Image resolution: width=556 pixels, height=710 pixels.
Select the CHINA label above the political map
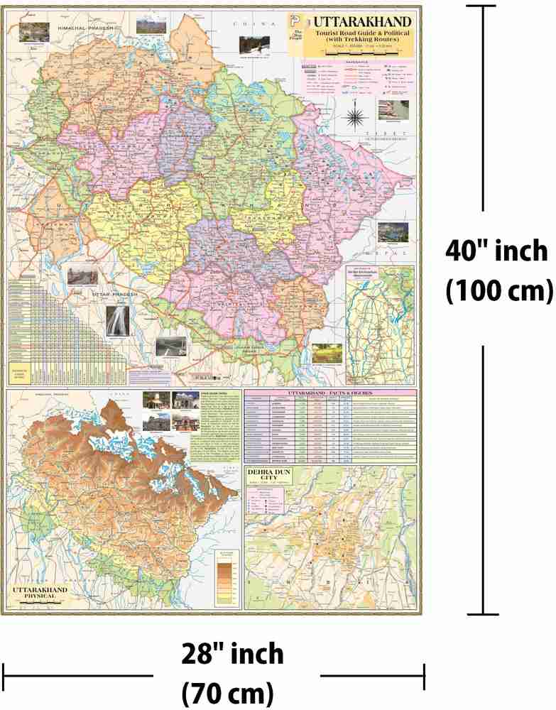[x=248, y=23]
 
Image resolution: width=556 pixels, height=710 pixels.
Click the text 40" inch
[x=496, y=251]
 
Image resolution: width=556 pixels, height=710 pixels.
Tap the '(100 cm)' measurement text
[x=498, y=290]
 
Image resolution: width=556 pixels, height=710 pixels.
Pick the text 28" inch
[x=232, y=654]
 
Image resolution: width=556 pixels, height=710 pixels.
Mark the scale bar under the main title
[x=358, y=53]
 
